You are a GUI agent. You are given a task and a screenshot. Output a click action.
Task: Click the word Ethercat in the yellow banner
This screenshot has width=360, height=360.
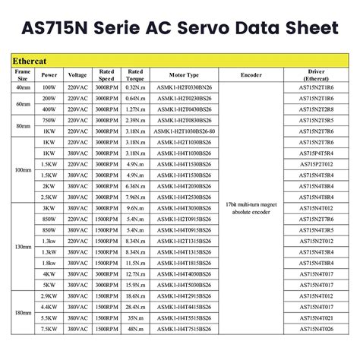(31, 59)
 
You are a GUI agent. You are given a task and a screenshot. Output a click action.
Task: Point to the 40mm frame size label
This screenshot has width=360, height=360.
(22, 87)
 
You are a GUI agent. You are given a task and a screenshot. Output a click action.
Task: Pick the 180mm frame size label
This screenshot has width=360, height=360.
(22, 312)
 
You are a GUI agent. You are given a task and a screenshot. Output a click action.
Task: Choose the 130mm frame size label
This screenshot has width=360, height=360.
(22, 246)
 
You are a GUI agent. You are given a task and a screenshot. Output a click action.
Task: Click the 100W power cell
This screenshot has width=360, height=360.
(49, 87)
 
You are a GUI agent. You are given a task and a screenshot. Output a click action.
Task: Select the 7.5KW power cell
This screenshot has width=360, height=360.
(49, 329)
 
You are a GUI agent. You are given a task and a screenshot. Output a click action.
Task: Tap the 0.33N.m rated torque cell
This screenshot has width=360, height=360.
(136, 87)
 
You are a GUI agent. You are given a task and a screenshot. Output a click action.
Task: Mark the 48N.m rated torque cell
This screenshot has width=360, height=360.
(136, 329)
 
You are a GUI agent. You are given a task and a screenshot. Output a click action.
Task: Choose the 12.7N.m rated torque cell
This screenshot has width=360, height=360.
(136, 273)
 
